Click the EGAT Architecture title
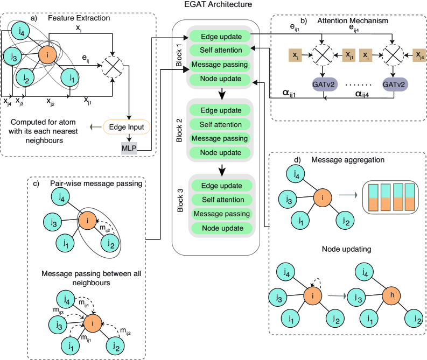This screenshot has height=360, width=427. click(x=213, y=6)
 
